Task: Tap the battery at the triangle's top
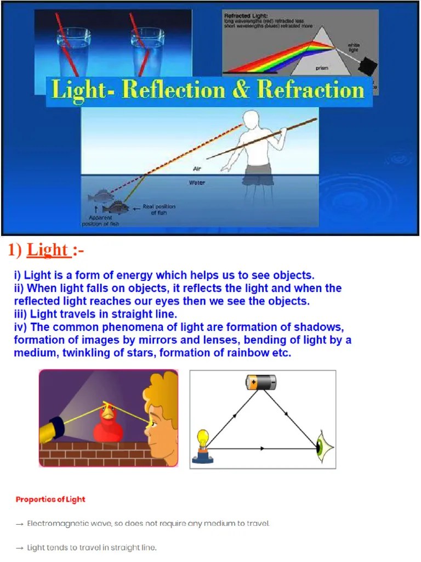tap(261, 382)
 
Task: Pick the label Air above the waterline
tap(197, 168)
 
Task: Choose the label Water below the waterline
tap(197, 183)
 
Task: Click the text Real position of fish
tap(159, 210)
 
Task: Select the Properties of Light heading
tap(50, 499)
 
